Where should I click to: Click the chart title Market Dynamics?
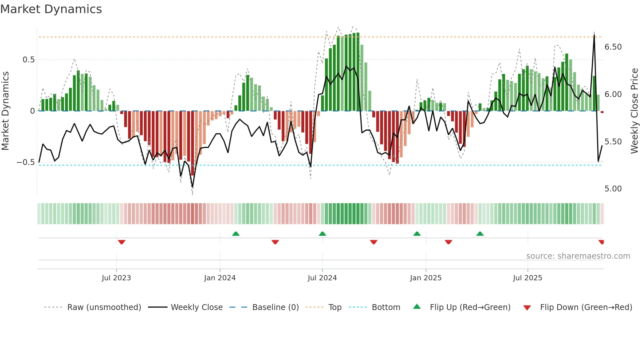coord(51,9)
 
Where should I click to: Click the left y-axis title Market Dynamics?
coord(5,111)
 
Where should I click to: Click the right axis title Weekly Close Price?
coord(634,111)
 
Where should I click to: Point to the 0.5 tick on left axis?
coord(28,60)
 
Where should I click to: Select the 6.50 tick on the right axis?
coord(613,47)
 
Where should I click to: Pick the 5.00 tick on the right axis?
coord(613,189)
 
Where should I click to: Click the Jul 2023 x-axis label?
coord(116,278)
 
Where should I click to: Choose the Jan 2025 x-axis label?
coord(425,278)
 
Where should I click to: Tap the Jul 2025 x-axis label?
coord(527,278)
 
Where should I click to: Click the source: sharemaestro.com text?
coord(578,256)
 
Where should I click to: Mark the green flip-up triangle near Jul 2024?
coord(322,234)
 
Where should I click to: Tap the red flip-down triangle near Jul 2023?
coord(121,242)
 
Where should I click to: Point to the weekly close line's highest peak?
coord(594,35)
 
